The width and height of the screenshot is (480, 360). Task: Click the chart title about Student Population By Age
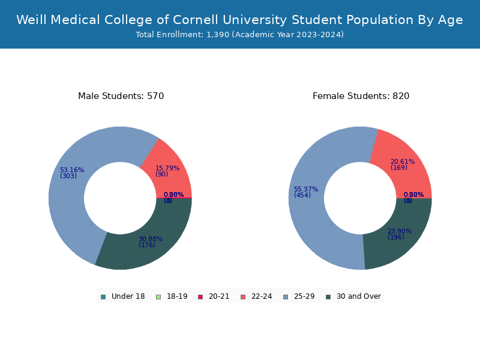(239, 20)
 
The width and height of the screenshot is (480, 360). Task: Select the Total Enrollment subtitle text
(239, 35)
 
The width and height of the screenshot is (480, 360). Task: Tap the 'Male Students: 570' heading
(121, 96)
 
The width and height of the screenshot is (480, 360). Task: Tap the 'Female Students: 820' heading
(361, 96)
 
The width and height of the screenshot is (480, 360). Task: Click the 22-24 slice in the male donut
(171, 162)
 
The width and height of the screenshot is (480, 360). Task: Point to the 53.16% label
(72, 170)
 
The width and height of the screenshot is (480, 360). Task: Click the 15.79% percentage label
(167, 168)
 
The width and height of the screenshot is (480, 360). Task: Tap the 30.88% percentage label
(151, 239)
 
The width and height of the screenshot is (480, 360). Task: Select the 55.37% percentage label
(306, 189)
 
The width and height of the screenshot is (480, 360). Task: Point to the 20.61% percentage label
(403, 161)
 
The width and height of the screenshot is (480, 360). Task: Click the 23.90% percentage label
(400, 231)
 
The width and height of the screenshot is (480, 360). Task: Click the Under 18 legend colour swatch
(103, 296)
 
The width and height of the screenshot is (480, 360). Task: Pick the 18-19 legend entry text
(177, 296)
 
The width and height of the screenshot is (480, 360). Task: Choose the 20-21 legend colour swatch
(200, 296)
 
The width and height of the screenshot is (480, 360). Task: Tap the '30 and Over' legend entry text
(358, 296)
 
